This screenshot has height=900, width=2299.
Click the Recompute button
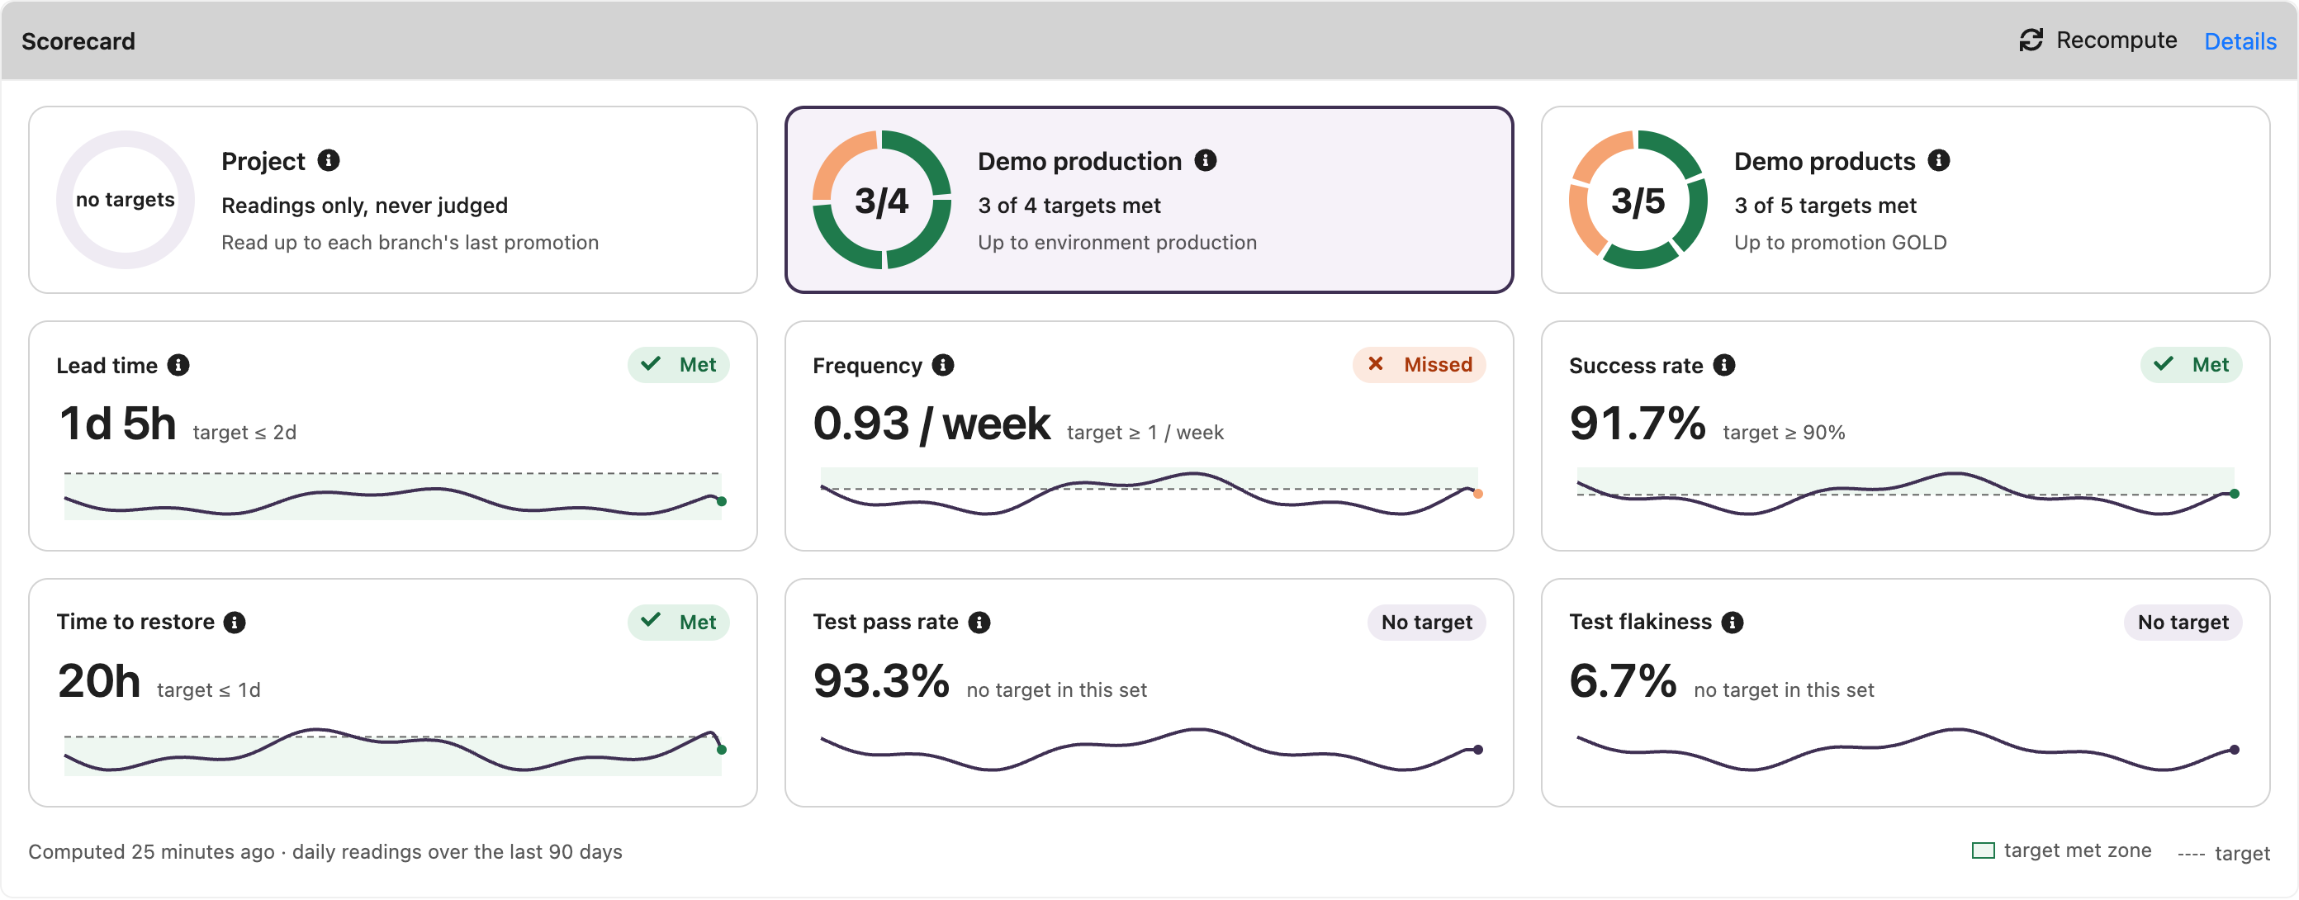click(x=2098, y=40)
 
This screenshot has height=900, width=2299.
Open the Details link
click(x=2240, y=41)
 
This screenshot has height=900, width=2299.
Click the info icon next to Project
click(x=329, y=160)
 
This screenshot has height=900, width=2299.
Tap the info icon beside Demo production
click(x=1206, y=160)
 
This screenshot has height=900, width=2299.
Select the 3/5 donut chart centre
click(x=1638, y=201)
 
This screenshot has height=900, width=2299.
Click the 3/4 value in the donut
click(x=881, y=201)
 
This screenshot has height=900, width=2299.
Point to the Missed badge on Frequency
click(x=1419, y=365)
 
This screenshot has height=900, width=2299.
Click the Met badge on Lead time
click(x=678, y=365)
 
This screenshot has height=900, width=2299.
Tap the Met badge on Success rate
click(x=2191, y=365)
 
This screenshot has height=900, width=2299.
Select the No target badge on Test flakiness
click(x=2183, y=623)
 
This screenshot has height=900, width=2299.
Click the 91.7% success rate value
click(x=1638, y=423)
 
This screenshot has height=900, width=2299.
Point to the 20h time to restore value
click(x=99, y=681)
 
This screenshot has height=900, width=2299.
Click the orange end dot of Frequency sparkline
click(x=1478, y=494)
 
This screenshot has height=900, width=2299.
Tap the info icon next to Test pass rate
click(x=979, y=623)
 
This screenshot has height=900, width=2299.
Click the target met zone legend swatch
click(x=1983, y=850)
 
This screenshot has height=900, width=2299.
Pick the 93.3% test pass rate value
click(x=881, y=681)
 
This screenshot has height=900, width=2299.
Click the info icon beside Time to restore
click(x=235, y=623)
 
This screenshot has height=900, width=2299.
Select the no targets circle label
click(x=125, y=200)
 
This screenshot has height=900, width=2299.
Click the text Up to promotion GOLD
click(x=1840, y=243)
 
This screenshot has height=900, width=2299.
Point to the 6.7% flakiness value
click(x=1623, y=681)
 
